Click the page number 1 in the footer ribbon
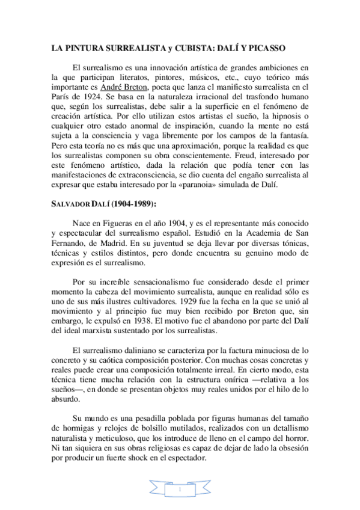point(180,490)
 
